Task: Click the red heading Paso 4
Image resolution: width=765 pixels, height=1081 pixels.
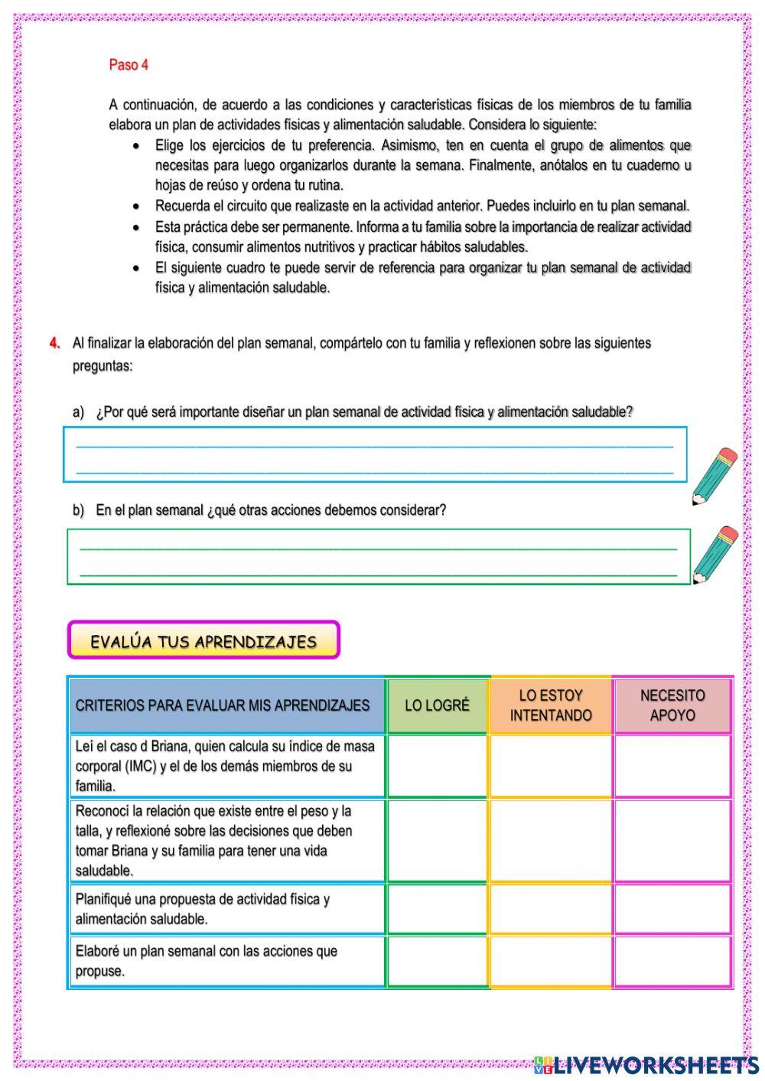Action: [129, 65]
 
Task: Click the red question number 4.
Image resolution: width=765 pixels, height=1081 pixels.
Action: [54, 343]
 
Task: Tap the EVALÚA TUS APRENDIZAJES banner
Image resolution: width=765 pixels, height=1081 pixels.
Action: [203, 640]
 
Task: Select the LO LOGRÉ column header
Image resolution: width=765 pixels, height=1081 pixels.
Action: [437, 705]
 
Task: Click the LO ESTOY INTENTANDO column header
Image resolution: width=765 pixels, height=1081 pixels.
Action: [551, 705]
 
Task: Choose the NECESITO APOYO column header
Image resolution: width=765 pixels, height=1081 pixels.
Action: [672, 705]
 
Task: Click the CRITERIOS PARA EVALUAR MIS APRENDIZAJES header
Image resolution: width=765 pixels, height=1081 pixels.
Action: [223, 705]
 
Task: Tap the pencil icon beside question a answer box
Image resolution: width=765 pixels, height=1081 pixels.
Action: [715, 476]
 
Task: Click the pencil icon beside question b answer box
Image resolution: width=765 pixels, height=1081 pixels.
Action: [715, 555]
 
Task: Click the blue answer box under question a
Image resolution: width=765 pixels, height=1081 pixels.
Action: [375, 455]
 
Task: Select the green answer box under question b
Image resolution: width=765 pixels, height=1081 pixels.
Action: [378, 557]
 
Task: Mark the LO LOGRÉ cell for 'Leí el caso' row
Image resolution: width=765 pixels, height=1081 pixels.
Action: [437, 766]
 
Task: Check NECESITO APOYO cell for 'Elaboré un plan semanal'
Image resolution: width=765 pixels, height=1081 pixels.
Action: [672, 961]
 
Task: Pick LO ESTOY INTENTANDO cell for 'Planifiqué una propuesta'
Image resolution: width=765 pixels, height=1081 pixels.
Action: [551, 909]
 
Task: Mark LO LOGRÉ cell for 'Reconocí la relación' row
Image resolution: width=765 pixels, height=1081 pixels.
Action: [437, 840]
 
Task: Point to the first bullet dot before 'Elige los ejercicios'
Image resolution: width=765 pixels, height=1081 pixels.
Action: [136, 145]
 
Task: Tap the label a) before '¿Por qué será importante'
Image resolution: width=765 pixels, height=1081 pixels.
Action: [78, 412]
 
